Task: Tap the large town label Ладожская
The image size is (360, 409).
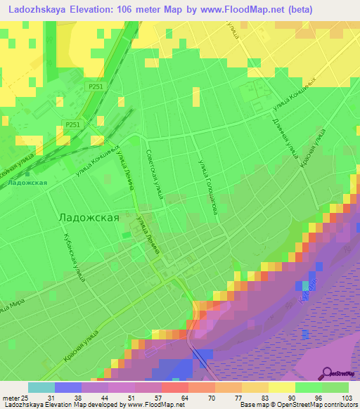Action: click(x=88, y=218)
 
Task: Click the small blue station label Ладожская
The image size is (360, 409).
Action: click(x=28, y=183)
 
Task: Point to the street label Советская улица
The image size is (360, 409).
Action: click(x=154, y=174)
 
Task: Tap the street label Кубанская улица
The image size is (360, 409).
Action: click(x=74, y=258)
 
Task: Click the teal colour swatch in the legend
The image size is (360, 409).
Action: click(x=41, y=387)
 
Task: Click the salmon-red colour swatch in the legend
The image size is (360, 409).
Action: click(x=174, y=387)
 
